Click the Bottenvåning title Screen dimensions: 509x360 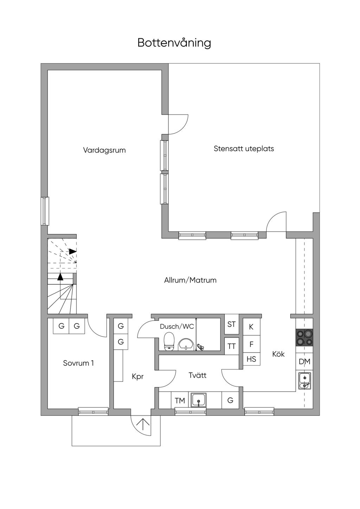click(x=174, y=43)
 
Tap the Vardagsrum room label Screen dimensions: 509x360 click(x=104, y=150)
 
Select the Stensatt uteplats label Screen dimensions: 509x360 click(x=244, y=149)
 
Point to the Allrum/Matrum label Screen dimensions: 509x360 click(x=190, y=280)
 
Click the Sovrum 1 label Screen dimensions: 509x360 click(x=78, y=363)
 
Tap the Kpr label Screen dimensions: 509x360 click(x=137, y=376)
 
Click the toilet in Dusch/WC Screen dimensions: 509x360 click(x=169, y=341)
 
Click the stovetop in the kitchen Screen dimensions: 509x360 click(x=304, y=337)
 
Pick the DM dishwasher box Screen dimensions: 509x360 click(x=304, y=361)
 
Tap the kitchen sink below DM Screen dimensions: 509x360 click(x=304, y=381)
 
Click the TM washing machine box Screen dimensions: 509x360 click(x=180, y=400)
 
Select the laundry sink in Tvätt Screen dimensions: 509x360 click(x=199, y=400)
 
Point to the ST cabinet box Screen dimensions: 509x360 click(x=231, y=324)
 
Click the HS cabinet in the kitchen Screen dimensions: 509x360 click(x=251, y=359)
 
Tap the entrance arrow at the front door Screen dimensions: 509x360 click(x=144, y=423)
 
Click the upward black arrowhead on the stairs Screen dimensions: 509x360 click(x=60, y=277)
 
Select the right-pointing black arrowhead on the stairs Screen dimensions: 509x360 click(x=73, y=251)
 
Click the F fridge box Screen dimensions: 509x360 click(x=251, y=344)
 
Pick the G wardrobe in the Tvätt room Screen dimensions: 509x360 click(x=230, y=400)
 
